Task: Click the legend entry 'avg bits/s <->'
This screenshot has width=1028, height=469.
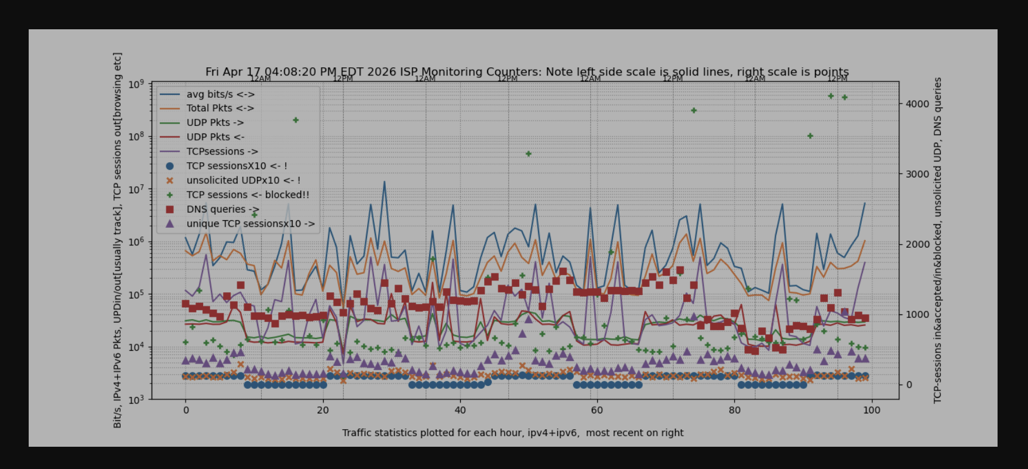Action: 220,94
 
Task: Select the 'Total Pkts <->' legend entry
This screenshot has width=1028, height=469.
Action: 220,108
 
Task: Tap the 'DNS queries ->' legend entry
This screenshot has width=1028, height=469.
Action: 222,210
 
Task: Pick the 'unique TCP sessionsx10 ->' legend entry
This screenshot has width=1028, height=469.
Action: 251,224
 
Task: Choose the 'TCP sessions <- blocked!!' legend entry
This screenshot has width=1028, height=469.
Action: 248,195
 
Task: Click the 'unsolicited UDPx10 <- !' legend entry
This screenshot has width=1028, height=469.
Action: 243,180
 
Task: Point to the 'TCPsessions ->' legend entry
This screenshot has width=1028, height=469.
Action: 222,152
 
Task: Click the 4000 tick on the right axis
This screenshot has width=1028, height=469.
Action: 917,104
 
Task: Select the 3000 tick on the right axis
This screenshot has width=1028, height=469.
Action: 917,174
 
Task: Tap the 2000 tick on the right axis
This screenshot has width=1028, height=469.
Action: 917,245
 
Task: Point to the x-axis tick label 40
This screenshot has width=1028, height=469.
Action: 460,410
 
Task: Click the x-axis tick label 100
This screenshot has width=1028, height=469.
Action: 871,410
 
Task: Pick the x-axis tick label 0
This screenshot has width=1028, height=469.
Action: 186,410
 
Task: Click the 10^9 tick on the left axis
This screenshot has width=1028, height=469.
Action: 136,84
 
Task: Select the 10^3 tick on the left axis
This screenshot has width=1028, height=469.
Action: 136,400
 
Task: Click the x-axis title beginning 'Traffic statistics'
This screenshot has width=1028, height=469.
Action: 513,433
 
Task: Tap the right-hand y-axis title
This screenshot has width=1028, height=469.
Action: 938,240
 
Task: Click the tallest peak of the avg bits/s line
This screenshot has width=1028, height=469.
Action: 385,182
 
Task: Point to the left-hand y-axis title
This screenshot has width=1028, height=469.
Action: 118,240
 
